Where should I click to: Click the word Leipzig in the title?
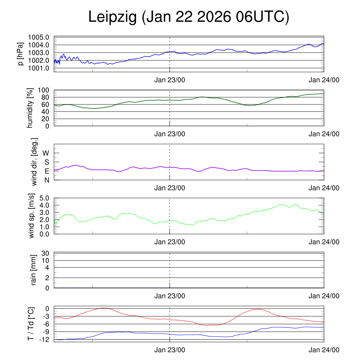pyautogui.click(x=112, y=17)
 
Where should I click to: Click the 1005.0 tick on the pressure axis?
pyautogui.click(x=39, y=37)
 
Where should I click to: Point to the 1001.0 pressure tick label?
pyautogui.click(x=39, y=68)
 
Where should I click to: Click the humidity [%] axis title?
pyautogui.click(x=31, y=108)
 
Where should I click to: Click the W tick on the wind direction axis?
pyautogui.click(x=46, y=153)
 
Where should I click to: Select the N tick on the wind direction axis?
pyautogui.click(x=47, y=180)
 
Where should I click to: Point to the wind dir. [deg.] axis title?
pyautogui.click(x=34, y=162)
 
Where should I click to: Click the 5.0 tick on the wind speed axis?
pyautogui.click(x=44, y=198)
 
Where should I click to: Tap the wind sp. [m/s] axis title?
pyautogui.click(x=32, y=216)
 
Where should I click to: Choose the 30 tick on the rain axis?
pyautogui.click(x=45, y=253)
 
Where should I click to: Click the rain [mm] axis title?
pyautogui.click(x=34, y=270)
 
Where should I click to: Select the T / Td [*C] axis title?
pyautogui.click(x=31, y=324)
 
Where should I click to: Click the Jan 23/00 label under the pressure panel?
pyautogui.click(x=170, y=79)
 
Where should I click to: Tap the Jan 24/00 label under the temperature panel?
pyautogui.click(x=324, y=350)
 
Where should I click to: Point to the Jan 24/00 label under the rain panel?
pyautogui.click(x=324, y=296)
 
